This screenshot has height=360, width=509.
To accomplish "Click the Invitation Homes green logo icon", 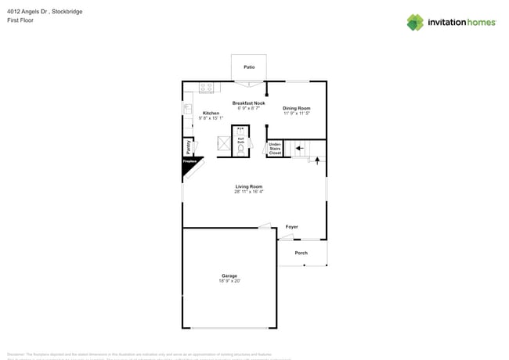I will pos(415,22).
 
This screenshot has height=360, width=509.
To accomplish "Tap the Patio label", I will pos(249,67).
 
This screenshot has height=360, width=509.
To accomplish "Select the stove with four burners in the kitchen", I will pos(207,88).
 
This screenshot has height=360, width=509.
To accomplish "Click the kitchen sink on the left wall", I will pos(187,109).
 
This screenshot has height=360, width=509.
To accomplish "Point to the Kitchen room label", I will pos(211,113).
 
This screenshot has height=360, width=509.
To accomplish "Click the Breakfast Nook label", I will pos(248,103).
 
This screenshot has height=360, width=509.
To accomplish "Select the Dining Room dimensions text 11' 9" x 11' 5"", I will pos(297,113).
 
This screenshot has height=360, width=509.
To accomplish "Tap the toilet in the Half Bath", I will pos(241,146).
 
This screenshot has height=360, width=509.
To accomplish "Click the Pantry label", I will pos(189,146).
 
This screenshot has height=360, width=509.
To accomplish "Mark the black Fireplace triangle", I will pos(190,163).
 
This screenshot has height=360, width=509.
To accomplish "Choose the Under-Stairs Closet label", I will pos(275,149).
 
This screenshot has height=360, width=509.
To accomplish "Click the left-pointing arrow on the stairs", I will pos(299,146).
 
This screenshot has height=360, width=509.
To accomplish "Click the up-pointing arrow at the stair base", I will pos(317,160).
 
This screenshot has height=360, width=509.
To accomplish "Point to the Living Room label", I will pos(249,186).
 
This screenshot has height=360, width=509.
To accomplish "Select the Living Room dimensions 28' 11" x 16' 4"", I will pos(249,192).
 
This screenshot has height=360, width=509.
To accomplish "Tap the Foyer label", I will pos(291,227).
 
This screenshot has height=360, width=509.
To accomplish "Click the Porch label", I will pos(301,253).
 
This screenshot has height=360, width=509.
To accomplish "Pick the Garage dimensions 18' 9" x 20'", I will pos(229,280).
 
